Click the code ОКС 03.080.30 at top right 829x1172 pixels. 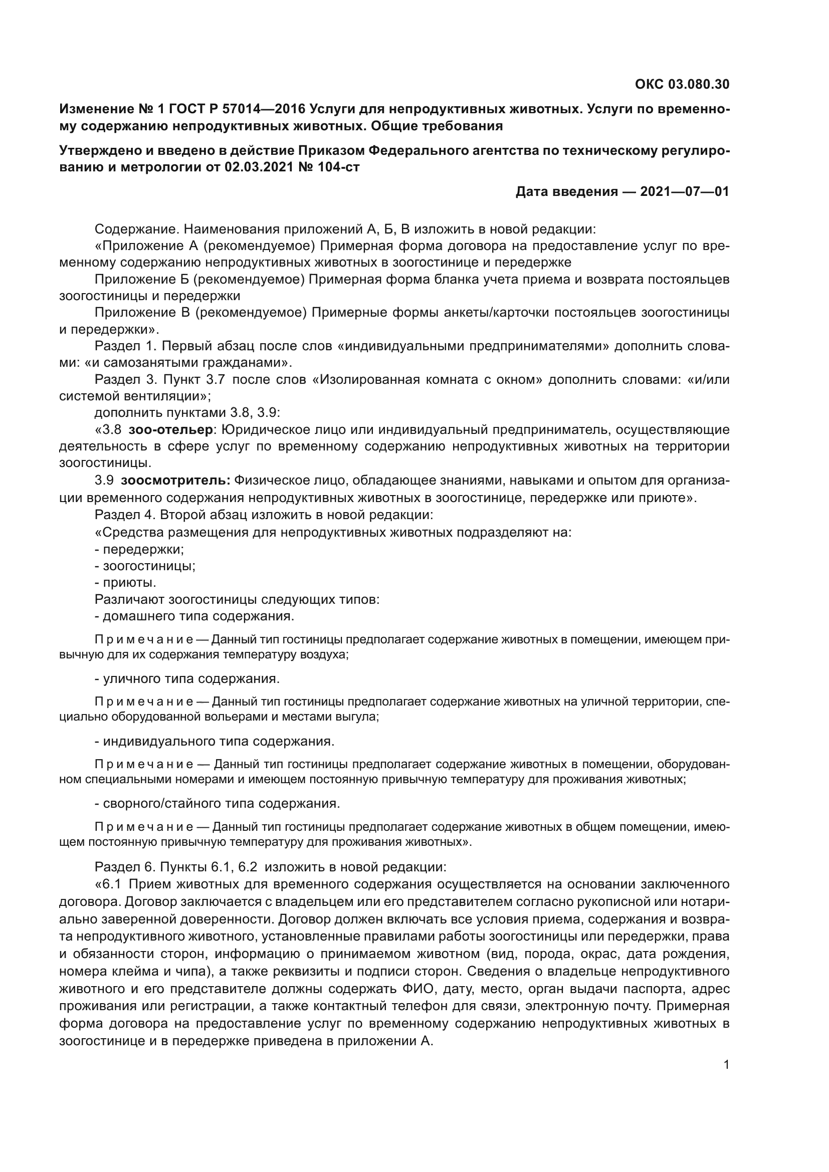pyautogui.click(x=682, y=84)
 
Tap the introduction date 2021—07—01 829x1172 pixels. pyautogui.click(x=685, y=191)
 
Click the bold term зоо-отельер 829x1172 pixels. pyautogui.click(x=170, y=430)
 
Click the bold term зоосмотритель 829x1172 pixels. pyautogui.click(x=175, y=481)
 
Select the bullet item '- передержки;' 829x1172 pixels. pyautogui.click(x=139, y=549)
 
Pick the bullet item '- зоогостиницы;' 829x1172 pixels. pyautogui.click(x=145, y=566)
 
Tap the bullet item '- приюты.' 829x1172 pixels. pyautogui.click(x=126, y=582)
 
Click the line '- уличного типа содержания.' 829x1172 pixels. pyautogui.click(x=187, y=679)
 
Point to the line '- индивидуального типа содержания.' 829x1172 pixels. pyautogui.click(x=215, y=741)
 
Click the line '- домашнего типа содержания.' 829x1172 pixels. pyautogui.click(x=194, y=616)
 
